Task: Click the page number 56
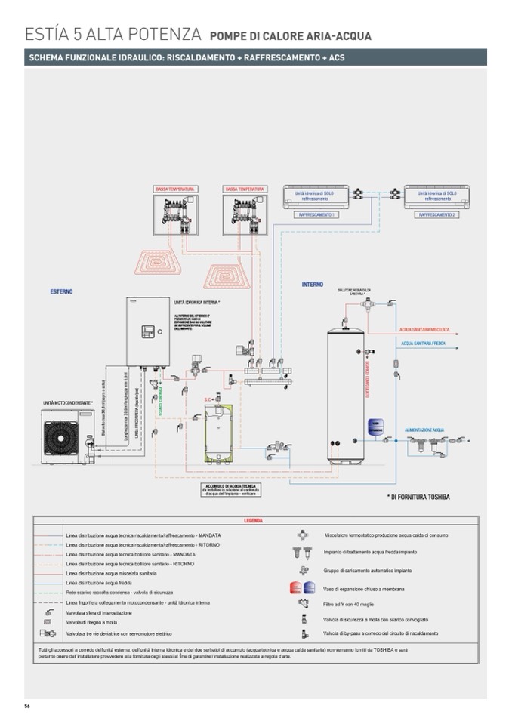(27, 705)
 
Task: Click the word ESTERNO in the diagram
(62, 291)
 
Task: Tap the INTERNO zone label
(313, 285)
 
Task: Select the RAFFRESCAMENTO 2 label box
(436, 215)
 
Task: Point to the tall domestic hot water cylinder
(347, 393)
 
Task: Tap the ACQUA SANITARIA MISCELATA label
(424, 329)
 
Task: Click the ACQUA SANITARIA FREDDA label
(423, 343)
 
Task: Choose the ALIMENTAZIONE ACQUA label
(424, 430)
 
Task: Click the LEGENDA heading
(254, 521)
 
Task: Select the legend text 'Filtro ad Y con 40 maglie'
(357, 605)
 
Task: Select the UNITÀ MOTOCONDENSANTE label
(68, 402)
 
